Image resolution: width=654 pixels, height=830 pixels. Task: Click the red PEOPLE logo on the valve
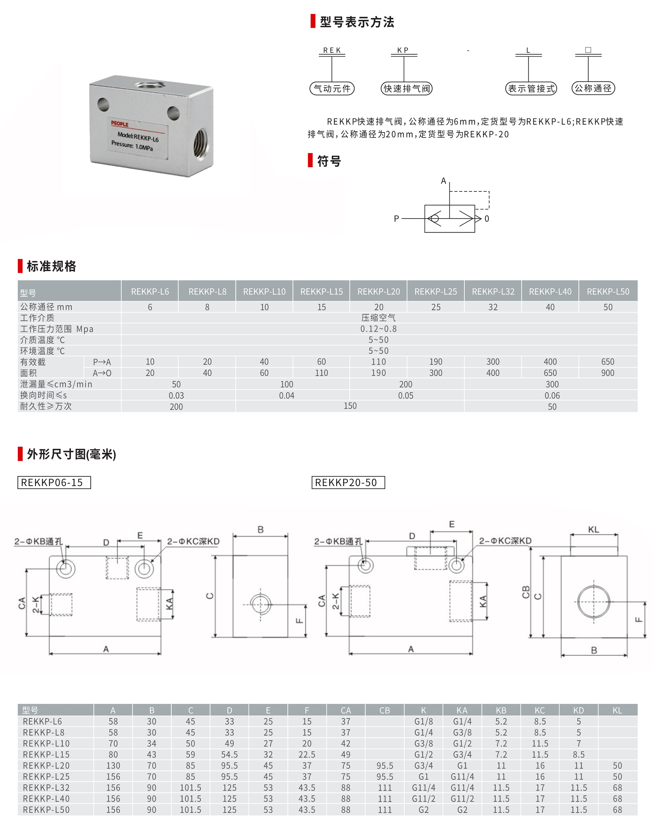tap(119, 124)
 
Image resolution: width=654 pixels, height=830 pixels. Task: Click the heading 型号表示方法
tap(356, 22)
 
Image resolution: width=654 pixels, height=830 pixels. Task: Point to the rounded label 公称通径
tap(593, 88)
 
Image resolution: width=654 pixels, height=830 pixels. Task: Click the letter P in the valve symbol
tap(396, 219)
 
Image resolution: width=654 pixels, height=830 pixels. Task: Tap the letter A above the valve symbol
tap(443, 181)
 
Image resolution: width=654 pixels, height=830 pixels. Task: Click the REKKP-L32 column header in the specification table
tap(493, 291)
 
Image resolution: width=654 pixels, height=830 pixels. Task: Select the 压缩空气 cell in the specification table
tap(378, 318)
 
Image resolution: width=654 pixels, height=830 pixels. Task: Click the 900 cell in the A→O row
tap(607, 373)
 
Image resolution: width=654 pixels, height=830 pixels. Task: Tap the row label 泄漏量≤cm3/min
tap(56, 384)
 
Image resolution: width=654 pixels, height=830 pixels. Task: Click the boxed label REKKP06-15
tap(54, 483)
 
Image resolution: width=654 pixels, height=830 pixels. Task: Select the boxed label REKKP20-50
tap(348, 483)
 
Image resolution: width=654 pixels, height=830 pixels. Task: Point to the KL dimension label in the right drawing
tap(593, 530)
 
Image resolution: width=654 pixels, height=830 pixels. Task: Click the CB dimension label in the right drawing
tap(526, 592)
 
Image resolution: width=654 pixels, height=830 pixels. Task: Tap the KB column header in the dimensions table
tap(501, 711)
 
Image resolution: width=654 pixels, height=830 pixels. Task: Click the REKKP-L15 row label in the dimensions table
tap(46, 754)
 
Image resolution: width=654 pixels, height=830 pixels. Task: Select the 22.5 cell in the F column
tap(307, 754)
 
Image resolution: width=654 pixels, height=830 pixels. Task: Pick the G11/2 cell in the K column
tap(423, 799)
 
